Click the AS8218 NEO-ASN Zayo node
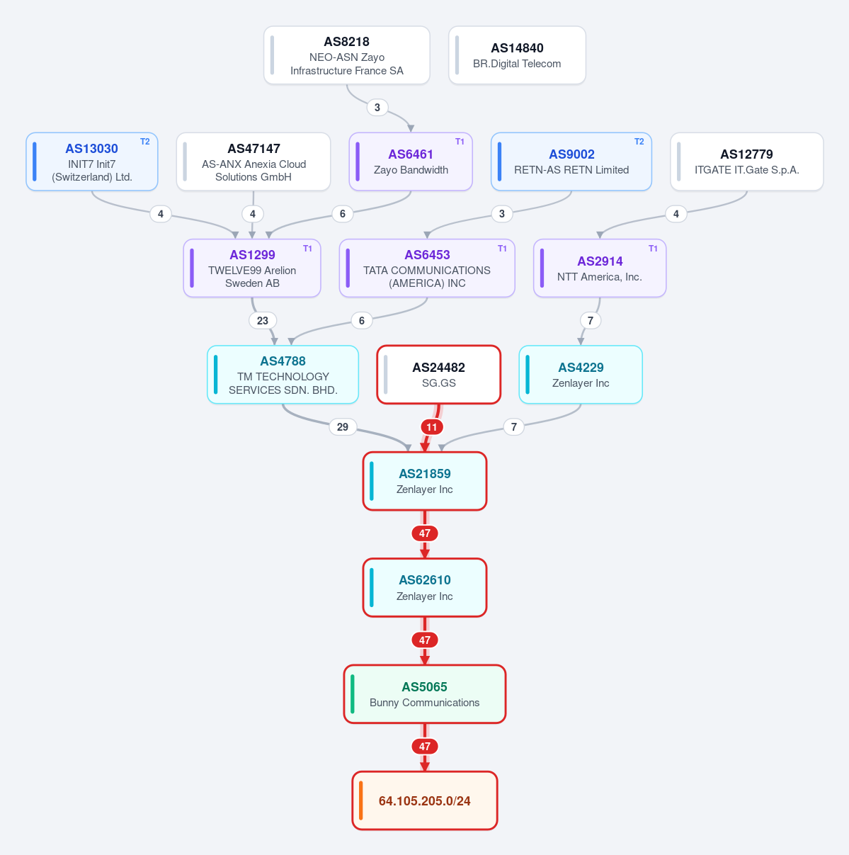pos(346,55)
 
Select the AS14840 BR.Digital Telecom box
pos(517,55)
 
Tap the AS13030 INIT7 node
pos(92,162)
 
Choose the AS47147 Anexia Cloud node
pos(253,162)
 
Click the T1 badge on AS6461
pos(460,142)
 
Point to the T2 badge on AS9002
pos(639,142)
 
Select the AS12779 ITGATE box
pos(746,162)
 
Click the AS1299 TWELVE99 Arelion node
pos(252,268)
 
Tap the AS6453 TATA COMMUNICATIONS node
pos(427,268)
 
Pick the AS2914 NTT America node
pos(600,268)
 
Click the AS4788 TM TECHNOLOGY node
pos(283,375)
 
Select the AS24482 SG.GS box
pos(439,375)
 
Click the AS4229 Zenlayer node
pos(581,375)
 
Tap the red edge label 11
pos(432,427)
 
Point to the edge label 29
pos(343,427)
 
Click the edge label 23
pos(263,320)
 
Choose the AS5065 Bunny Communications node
pos(425,694)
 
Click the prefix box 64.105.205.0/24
pos(425,800)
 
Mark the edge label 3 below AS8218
pos(377,108)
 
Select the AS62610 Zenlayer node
pos(425,587)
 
